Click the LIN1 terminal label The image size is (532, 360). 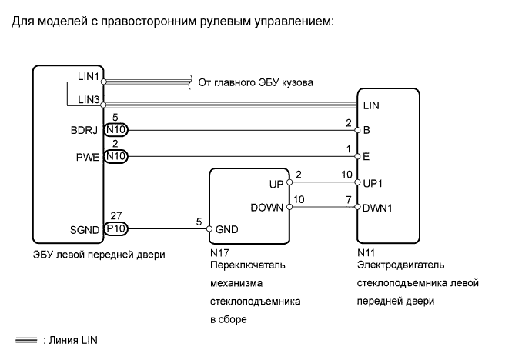coord(88,77)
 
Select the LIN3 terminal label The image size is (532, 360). coord(88,101)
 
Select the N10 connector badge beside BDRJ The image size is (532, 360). coord(115,130)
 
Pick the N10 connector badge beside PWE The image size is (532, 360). coord(115,156)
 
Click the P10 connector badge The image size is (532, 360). coord(115,228)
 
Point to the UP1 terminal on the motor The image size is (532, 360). coord(373,183)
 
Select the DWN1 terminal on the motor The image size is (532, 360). coord(376,207)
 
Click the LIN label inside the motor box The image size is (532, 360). coord(371,105)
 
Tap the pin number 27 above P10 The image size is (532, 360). coord(115,218)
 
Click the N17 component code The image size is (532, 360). coord(217,252)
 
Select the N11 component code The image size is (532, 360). coord(365,252)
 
